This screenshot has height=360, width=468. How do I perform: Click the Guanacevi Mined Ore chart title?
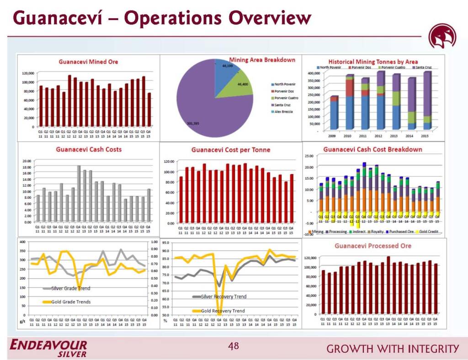click(88, 62)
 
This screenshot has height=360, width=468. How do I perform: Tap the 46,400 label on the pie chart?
click(243, 85)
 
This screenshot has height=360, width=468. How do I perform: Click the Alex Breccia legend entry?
click(283, 112)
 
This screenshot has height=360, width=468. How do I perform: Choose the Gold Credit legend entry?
click(428, 232)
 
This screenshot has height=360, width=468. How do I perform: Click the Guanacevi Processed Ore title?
click(373, 246)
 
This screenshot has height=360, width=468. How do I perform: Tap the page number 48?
click(234, 346)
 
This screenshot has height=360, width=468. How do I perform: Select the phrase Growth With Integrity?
click(393, 349)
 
